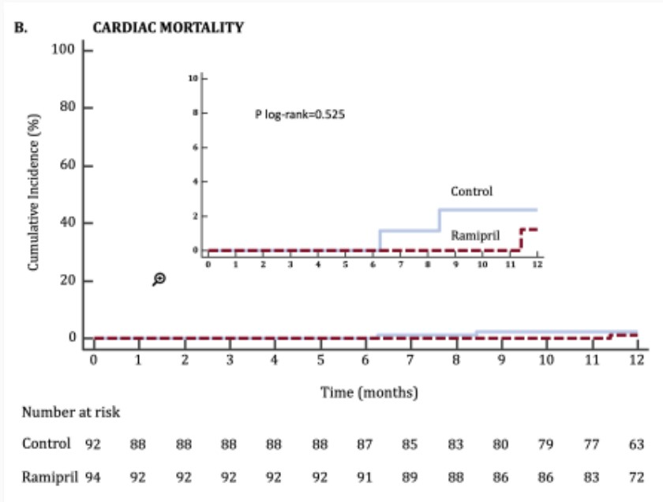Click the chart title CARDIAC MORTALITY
(168, 27)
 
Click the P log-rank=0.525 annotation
(300, 114)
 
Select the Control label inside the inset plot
(471, 191)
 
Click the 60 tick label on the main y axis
(66, 166)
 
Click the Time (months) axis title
(369, 391)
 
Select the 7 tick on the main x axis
(410, 360)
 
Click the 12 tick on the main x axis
(636, 360)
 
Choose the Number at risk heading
(71, 412)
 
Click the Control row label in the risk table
(47, 444)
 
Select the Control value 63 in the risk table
(636, 444)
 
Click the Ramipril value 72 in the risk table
(636, 477)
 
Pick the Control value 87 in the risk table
(365, 444)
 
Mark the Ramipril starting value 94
(92, 477)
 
